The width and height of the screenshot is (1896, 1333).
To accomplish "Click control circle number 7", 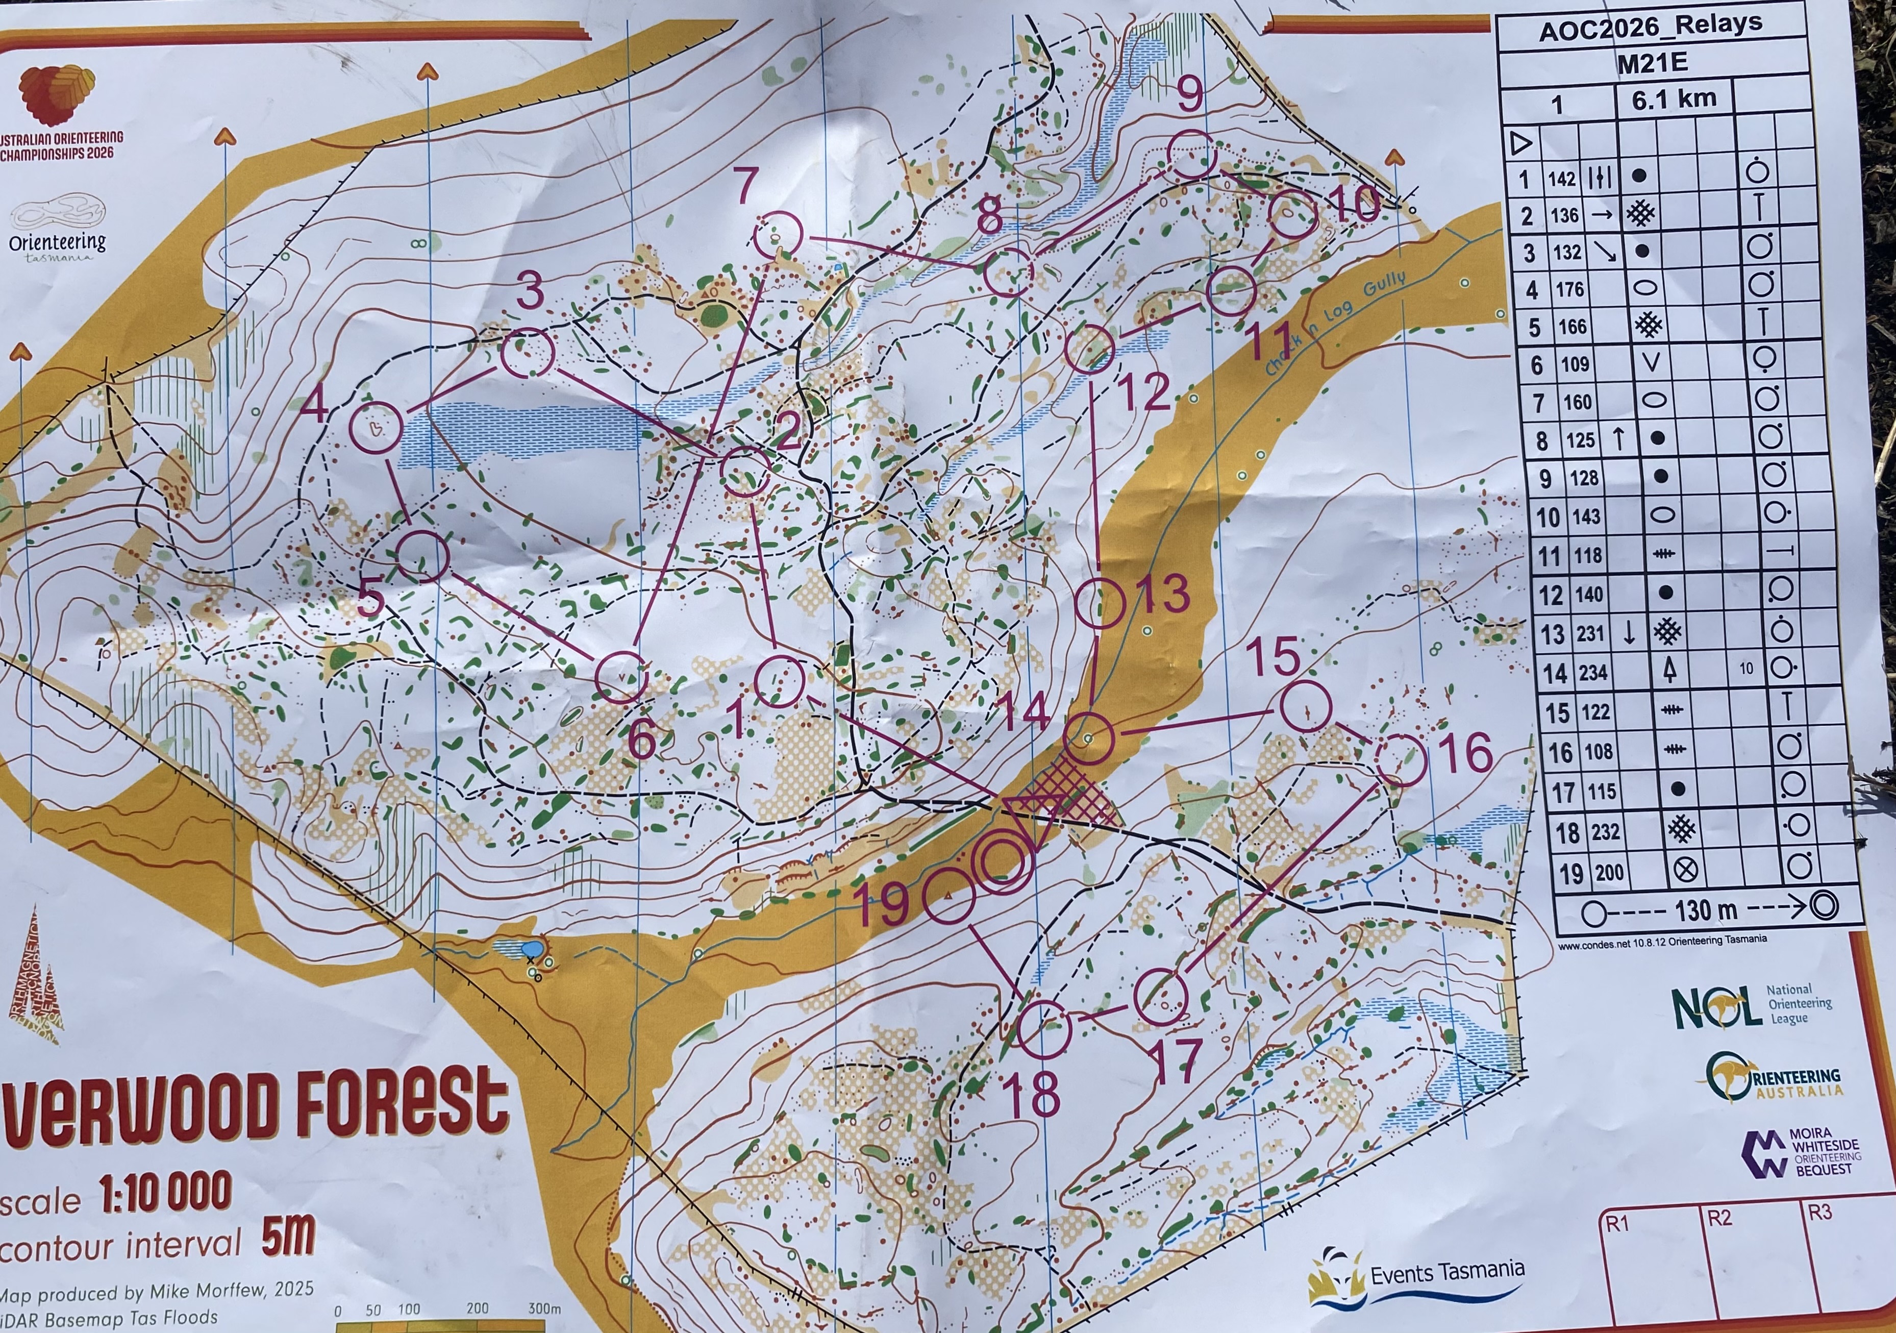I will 778,235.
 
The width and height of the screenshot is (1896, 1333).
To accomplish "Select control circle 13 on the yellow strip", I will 1101,605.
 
